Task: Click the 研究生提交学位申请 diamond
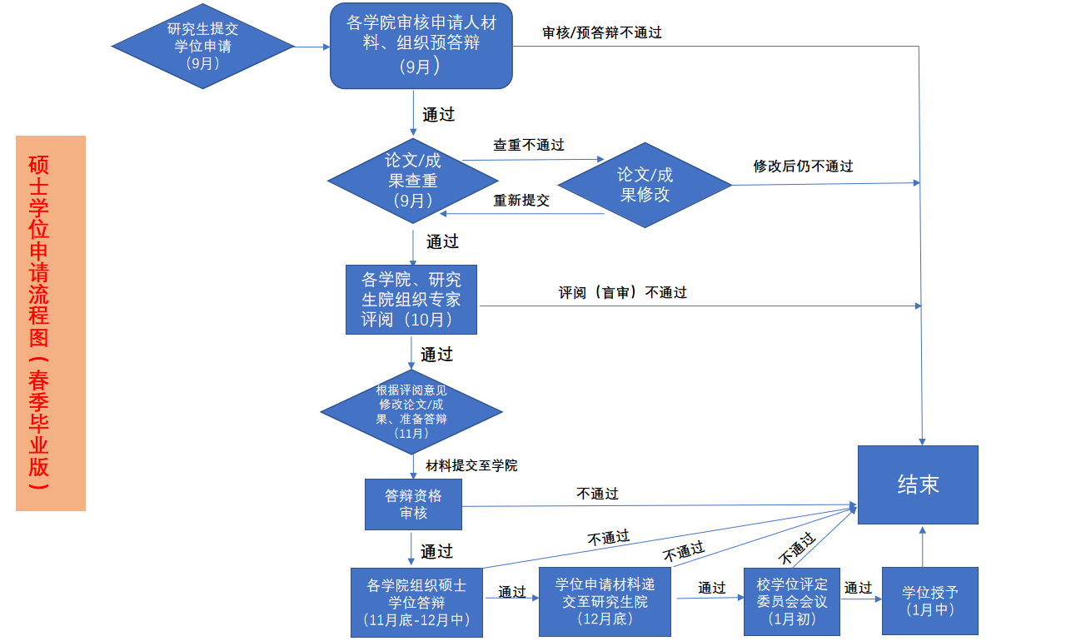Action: click(x=203, y=46)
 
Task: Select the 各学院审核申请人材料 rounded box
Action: click(x=421, y=46)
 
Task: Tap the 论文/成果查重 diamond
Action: click(x=413, y=181)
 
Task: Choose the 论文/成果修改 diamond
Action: click(x=645, y=185)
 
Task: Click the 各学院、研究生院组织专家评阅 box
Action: click(x=411, y=300)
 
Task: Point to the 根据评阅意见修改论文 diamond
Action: click(x=411, y=411)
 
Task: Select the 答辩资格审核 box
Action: click(x=413, y=504)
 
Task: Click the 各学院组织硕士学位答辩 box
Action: click(x=417, y=602)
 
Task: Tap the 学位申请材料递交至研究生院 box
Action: click(x=605, y=602)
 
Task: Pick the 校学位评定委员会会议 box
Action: click(x=792, y=602)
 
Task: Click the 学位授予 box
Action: click(x=929, y=601)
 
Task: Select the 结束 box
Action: click(x=918, y=484)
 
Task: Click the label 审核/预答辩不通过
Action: click(x=602, y=33)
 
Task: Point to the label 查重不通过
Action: click(x=529, y=146)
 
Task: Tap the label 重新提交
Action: click(x=521, y=201)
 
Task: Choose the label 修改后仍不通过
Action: click(x=803, y=166)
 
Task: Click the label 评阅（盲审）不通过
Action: click(x=623, y=293)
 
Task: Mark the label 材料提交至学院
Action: click(x=471, y=465)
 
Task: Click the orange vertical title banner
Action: click(x=51, y=323)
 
